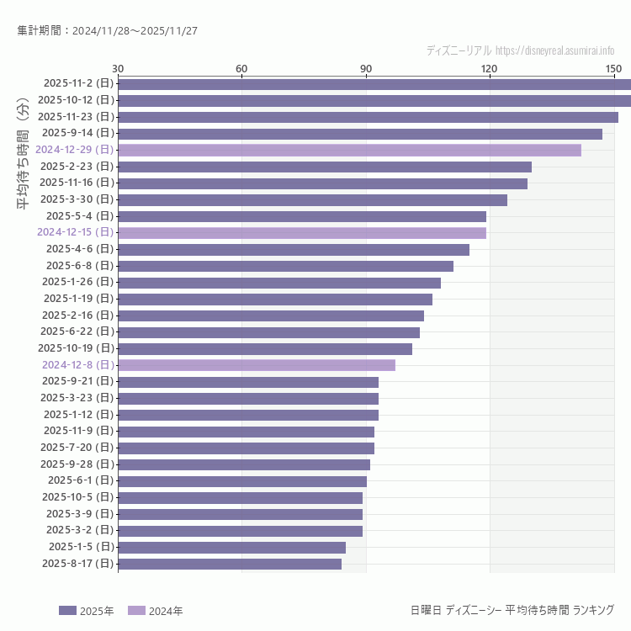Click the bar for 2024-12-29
point(349,150)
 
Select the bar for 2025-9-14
point(360,133)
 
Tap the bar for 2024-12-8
point(257,365)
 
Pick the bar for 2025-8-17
point(230,564)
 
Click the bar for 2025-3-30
point(312,199)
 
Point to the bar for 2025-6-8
point(285,266)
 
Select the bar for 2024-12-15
point(302,232)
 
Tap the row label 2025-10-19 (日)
point(76,348)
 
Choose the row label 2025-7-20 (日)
point(77,448)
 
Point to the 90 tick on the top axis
point(366,68)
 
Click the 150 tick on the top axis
point(613,68)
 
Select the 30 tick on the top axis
point(118,68)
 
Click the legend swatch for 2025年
point(67,611)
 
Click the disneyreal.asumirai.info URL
point(554,51)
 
